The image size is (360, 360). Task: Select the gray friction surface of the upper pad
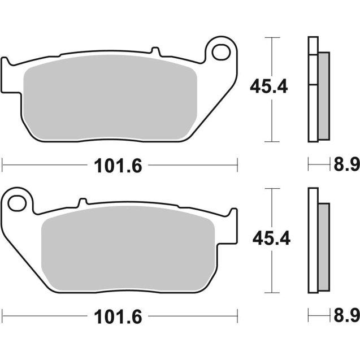[x=110, y=99]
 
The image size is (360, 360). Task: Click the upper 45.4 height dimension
[x=270, y=87]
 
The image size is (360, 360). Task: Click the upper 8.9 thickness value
[x=346, y=165]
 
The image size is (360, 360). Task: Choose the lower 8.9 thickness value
[x=346, y=314]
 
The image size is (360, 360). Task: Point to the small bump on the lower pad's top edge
[x=82, y=201]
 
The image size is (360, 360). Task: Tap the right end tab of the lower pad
[x=232, y=224]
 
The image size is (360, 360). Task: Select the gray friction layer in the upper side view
[x=323, y=96]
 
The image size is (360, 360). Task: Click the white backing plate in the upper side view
[x=313, y=90]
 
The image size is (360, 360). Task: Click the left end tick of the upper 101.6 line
[x=3, y=165]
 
